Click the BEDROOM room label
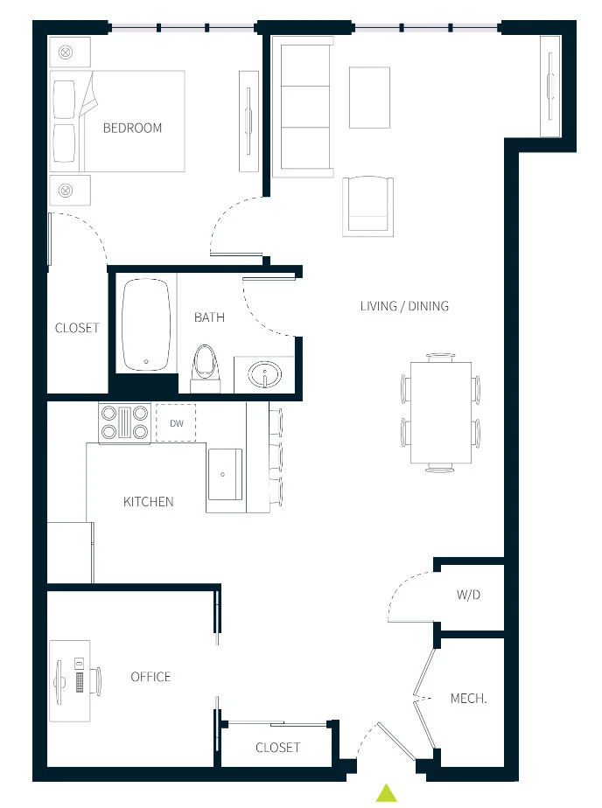tap(132, 128)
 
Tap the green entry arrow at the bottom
tap(386, 793)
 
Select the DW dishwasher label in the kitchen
tap(176, 424)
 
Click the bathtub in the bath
tap(146, 324)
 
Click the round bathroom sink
tap(262, 376)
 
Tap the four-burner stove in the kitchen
tap(125, 423)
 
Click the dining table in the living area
tap(440, 413)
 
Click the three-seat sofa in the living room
tap(303, 105)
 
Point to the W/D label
tap(469, 595)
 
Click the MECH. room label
tap(468, 699)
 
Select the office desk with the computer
tap(70, 679)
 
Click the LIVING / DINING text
tap(404, 306)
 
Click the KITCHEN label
tap(148, 502)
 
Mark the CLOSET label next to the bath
tap(77, 328)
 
